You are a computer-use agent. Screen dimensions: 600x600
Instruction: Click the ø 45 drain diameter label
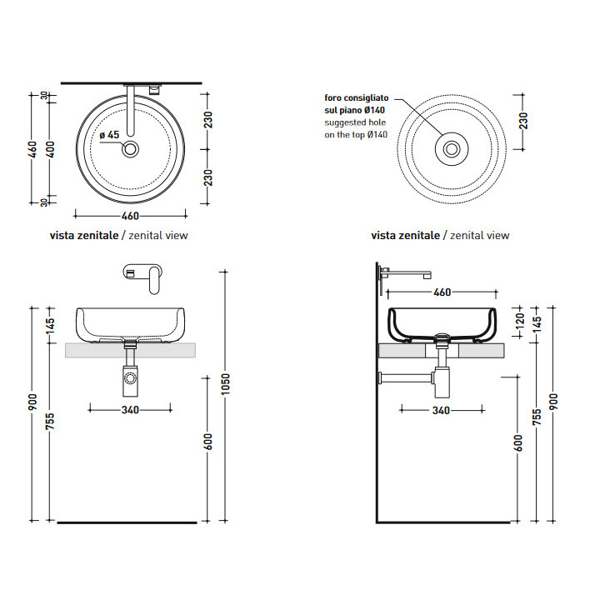click(x=110, y=135)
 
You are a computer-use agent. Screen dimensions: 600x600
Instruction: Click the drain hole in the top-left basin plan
click(x=131, y=150)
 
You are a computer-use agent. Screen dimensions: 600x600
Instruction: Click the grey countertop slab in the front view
click(x=131, y=350)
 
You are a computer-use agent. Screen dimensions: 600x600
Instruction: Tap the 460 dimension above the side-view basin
click(x=442, y=292)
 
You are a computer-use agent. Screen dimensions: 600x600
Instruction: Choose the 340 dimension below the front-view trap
click(x=130, y=409)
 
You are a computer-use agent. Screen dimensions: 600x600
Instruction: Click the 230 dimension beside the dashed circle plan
click(x=523, y=121)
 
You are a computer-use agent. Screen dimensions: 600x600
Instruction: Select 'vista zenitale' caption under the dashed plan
click(x=405, y=236)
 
